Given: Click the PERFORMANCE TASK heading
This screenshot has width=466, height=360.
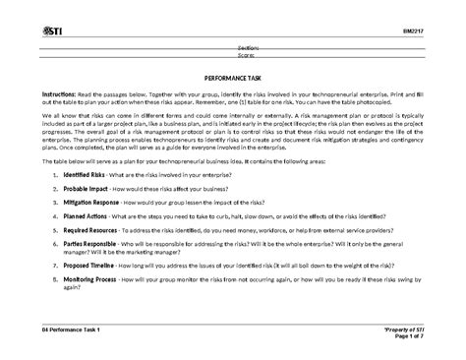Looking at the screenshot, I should coord(232,75).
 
